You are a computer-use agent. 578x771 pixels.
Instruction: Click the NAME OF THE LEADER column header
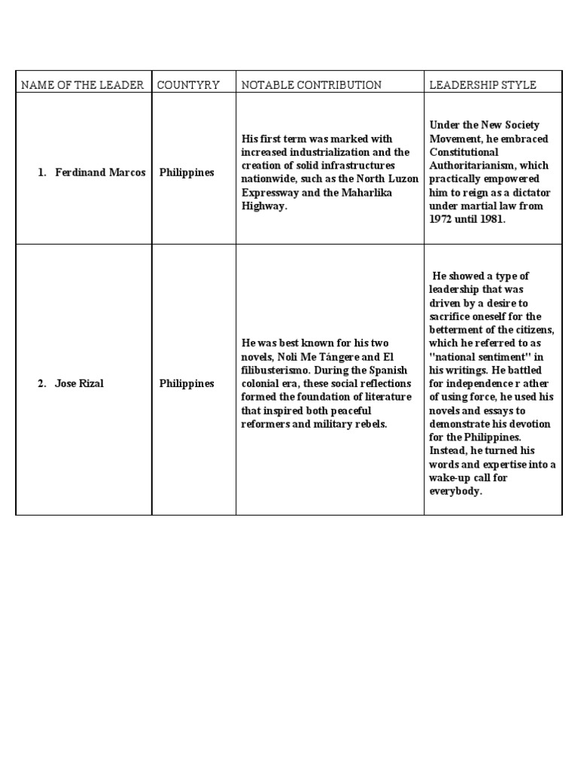click(82, 85)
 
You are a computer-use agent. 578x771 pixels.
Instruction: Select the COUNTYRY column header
click(188, 85)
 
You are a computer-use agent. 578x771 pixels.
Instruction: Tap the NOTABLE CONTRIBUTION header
click(311, 85)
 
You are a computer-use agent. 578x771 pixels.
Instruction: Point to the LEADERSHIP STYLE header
click(482, 85)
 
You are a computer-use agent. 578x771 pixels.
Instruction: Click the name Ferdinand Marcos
click(100, 172)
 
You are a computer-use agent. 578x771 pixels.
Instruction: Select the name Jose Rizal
click(79, 383)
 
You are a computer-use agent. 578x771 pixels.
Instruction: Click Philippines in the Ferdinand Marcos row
click(187, 172)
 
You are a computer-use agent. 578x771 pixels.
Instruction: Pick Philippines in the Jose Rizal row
click(187, 383)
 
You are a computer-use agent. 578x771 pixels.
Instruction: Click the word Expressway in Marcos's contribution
click(269, 193)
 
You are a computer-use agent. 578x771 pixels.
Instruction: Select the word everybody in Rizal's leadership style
click(455, 492)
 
